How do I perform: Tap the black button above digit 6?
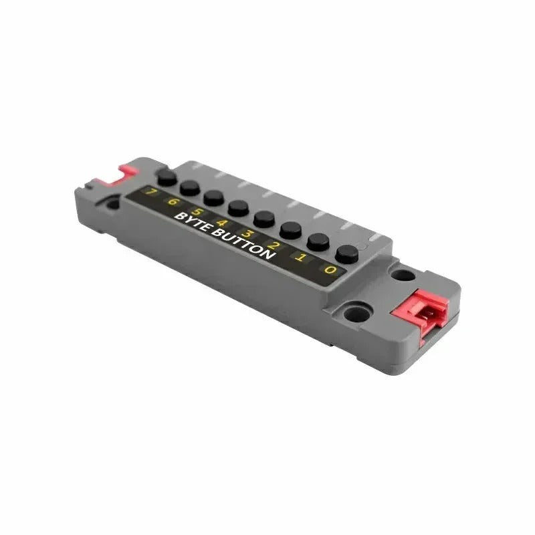point(190,188)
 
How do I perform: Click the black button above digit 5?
point(213,198)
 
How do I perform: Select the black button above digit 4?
point(239,209)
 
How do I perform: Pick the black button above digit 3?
point(264,219)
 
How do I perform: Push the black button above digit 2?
point(290,231)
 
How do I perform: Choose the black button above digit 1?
point(318,242)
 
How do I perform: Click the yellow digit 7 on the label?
point(150,192)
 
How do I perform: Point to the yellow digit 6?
point(173,202)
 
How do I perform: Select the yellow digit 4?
point(222,223)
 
